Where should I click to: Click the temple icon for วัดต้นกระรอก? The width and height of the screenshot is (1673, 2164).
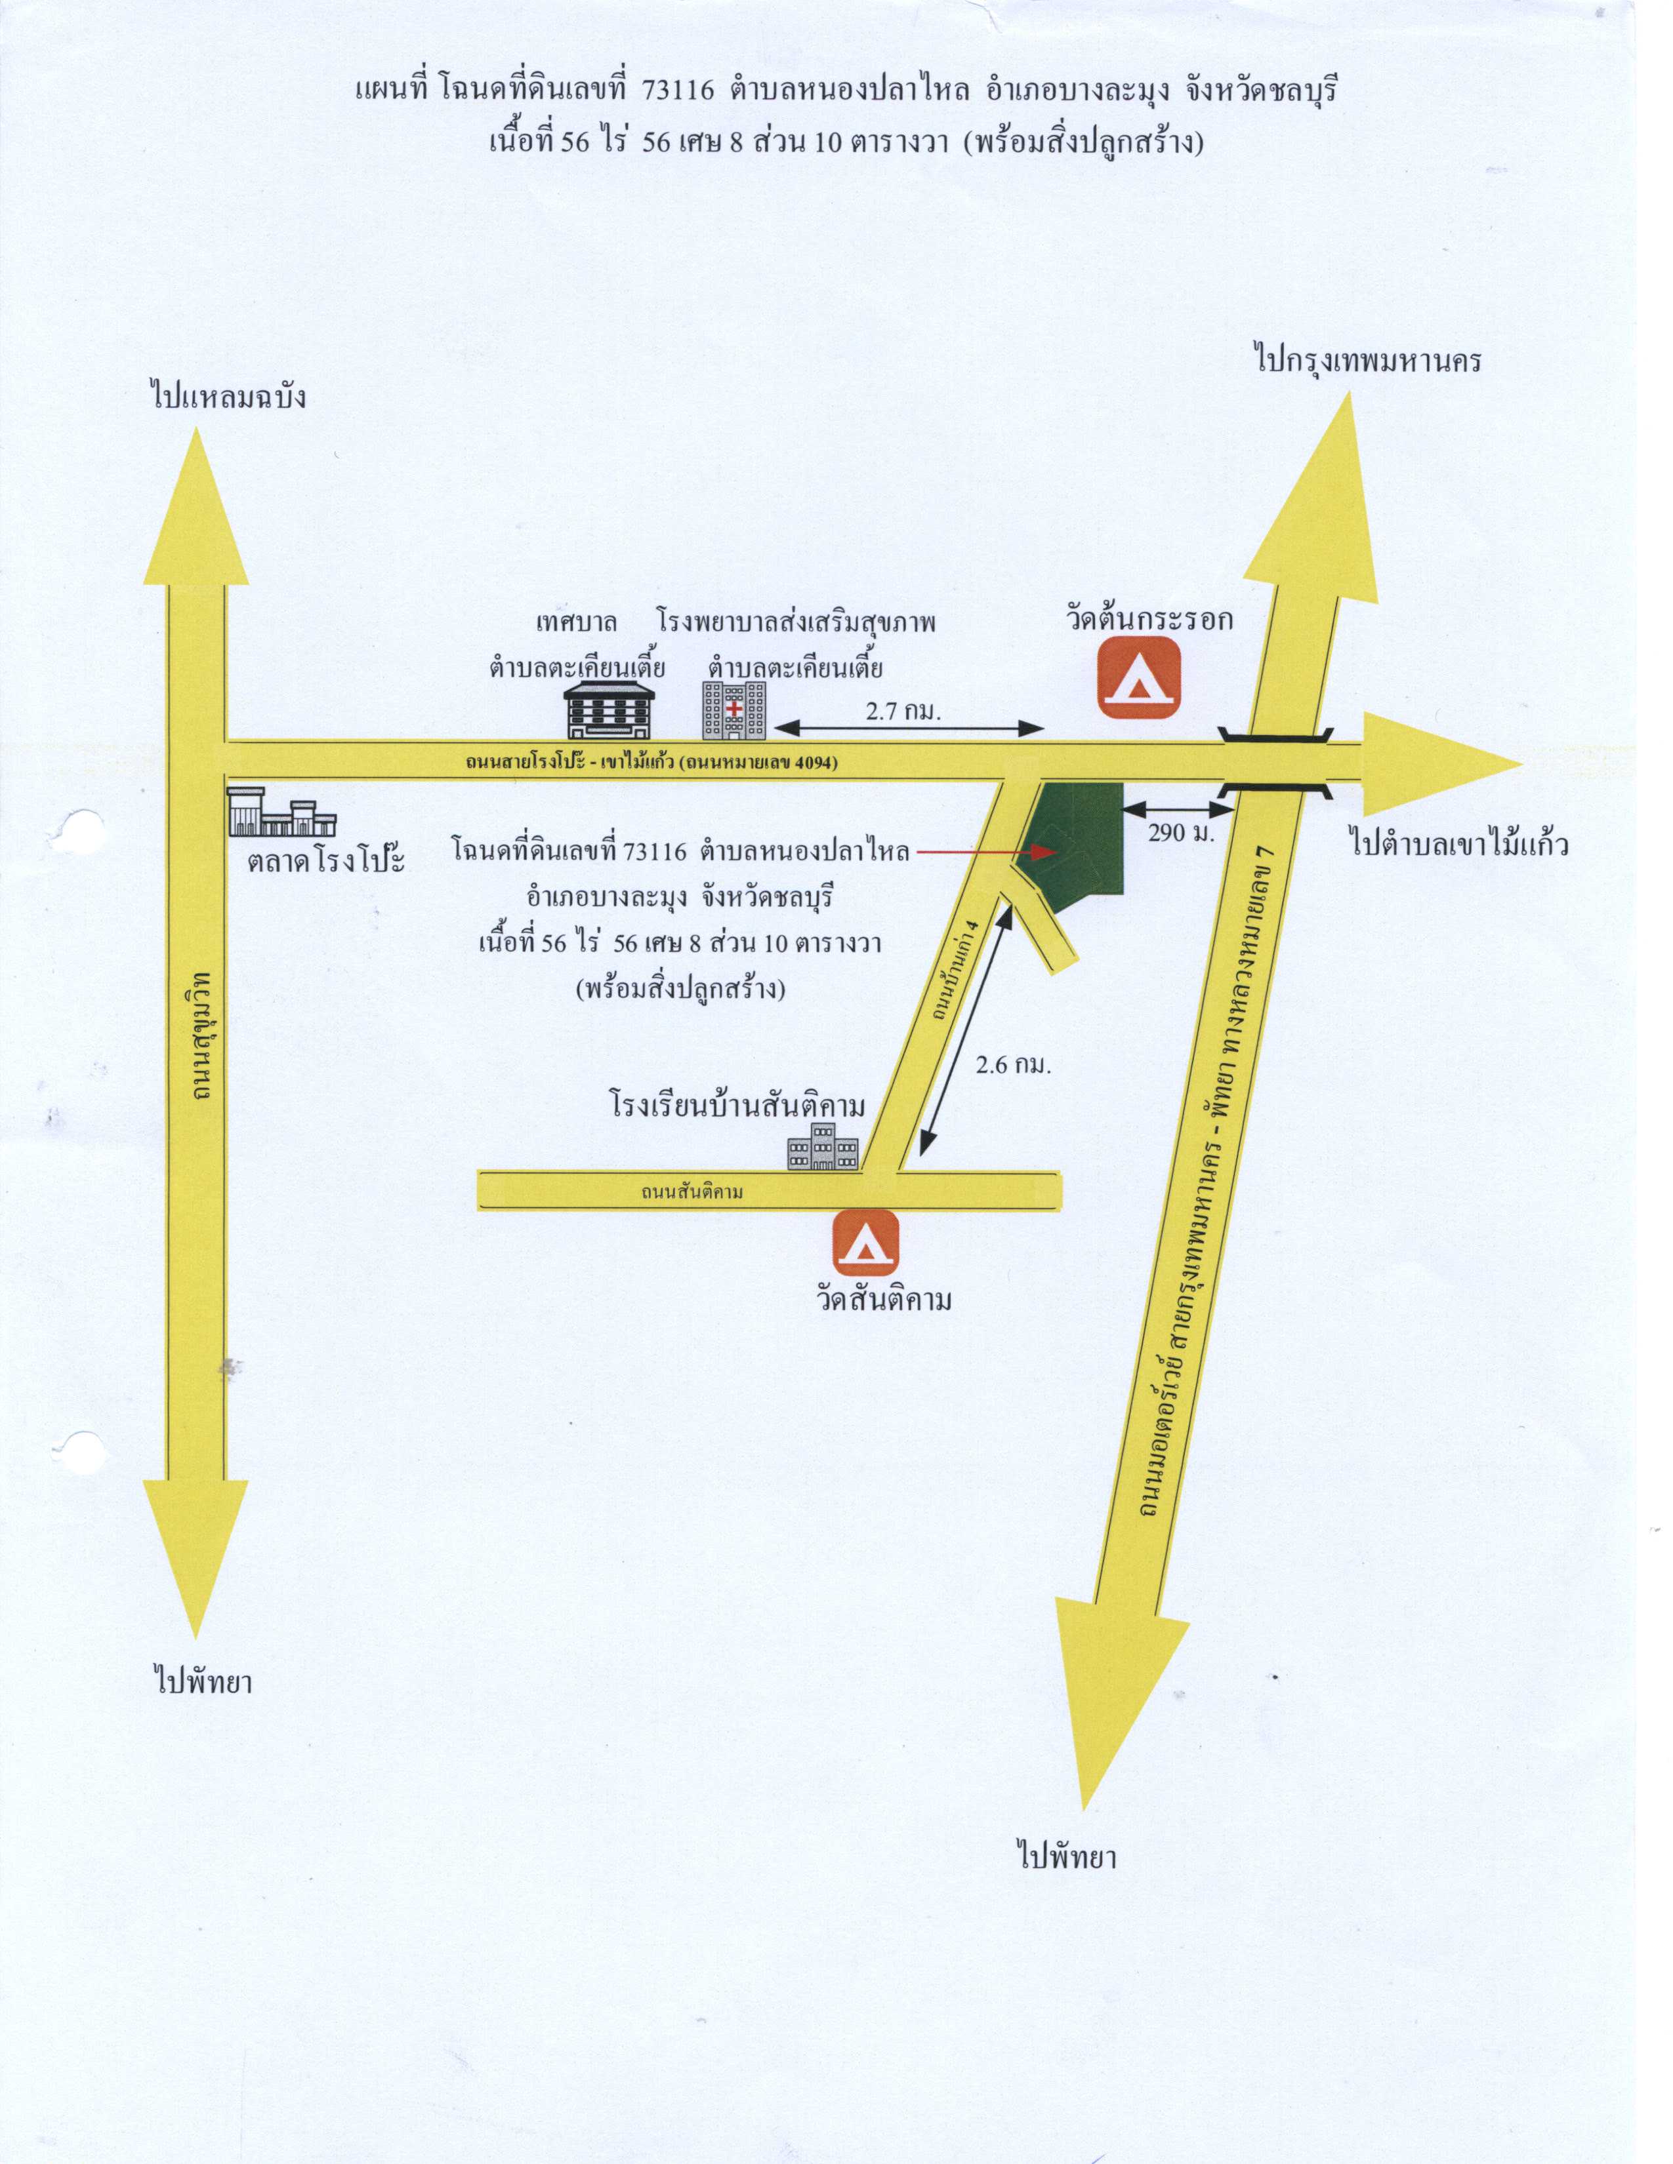pos(1139,678)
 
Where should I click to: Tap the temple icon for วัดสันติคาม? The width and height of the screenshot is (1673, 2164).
pos(865,1243)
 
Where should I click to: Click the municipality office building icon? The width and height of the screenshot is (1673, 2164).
pos(609,710)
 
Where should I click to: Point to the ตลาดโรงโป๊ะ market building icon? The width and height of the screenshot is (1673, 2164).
pos(281,812)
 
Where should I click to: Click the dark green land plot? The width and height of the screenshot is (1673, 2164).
pos(1075,838)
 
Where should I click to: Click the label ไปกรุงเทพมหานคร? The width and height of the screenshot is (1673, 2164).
pos(1368,359)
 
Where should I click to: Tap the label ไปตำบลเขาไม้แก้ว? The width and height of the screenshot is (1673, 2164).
pos(1459,843)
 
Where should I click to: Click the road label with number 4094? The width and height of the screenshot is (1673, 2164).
pos(652,763)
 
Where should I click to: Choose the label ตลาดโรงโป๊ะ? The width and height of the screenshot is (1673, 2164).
pos(326,859)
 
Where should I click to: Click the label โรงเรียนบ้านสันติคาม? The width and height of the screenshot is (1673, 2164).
pos(737,1104)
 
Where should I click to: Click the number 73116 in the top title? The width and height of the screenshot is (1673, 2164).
pos(678,90)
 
